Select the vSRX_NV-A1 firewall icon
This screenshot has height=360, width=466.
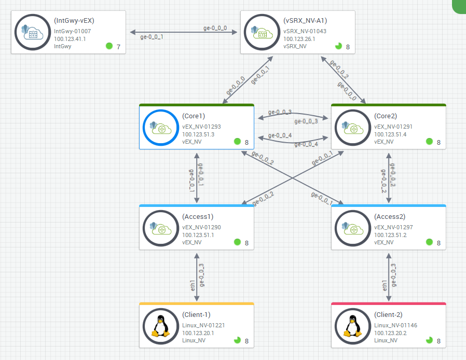click(x=261, y=32)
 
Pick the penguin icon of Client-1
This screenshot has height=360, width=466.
click(x=160, y=326)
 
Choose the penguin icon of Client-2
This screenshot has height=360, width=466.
click(x=352, y=326)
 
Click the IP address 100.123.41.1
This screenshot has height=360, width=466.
click(x=70, y=39)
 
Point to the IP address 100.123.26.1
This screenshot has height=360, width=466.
click(x=299, y=39)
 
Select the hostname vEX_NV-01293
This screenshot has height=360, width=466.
click(x=201, y=126)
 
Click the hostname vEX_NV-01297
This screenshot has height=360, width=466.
click(x=393, y=227)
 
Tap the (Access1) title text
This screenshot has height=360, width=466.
click(x=198, y=217)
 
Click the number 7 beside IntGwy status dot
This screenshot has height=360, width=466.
click(x=118, y=47)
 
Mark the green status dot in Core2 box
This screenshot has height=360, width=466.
click(x=429, y=141)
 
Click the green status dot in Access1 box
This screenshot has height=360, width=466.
click(x=237, y=242)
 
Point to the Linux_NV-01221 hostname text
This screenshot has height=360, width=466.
click(x=203, y=325)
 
